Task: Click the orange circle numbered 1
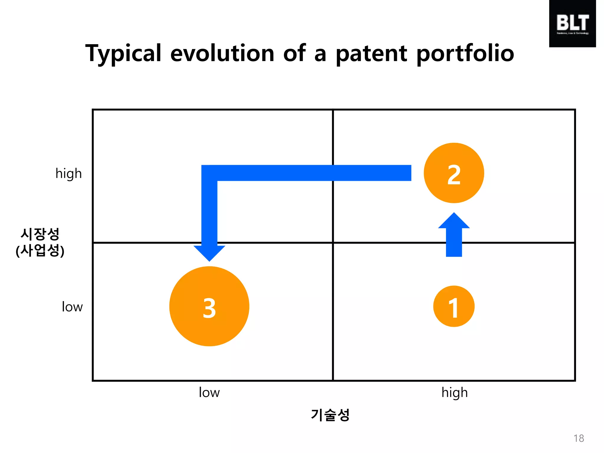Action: click(454, 306)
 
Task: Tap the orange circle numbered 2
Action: click(454, 173)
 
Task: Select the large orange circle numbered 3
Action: click(209, 306)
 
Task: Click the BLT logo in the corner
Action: click(572, 24)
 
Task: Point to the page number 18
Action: click(579, 438)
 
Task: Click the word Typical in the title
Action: click(123, 54)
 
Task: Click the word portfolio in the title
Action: click(465, 54)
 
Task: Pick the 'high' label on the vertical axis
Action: click(68, 174)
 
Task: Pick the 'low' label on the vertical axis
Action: click(72, 307)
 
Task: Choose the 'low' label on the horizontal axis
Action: click(209, 393)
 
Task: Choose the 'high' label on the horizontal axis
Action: click(454, 393)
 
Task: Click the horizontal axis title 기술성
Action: click(330, 415)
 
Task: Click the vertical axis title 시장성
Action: click(40, 234)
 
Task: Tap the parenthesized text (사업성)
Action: click(40, 251)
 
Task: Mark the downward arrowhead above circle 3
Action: click(209, 253)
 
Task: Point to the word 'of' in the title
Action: click(294, 54)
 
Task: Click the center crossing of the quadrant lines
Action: click(333, 243)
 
